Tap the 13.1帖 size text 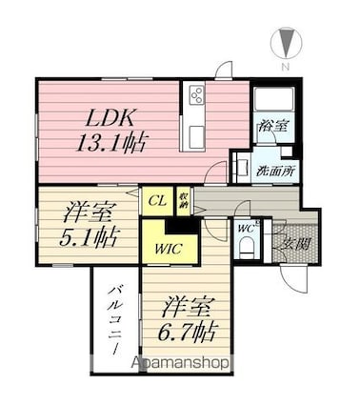(x=111, y=143)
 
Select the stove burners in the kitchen (x=196, y=94)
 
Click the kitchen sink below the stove (x=196, y=136)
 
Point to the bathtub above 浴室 (x=273, y=99)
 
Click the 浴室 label (x=273, y=126)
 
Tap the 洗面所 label (x=275, y=172)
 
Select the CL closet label (x=157, y=200)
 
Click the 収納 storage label (x=184, y=200)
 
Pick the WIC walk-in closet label (x=169, y=249)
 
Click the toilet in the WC (x=247, y=249)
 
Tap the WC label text (x=246, y=229)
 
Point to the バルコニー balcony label (x=115, y=319)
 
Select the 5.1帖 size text (x=90, y=237)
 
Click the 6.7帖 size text (x=188, y=332)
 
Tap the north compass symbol (x=287, y=43)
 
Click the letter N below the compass (x=286, y=67)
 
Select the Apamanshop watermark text (x=180, y=363)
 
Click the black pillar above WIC (x=183, y=226)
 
